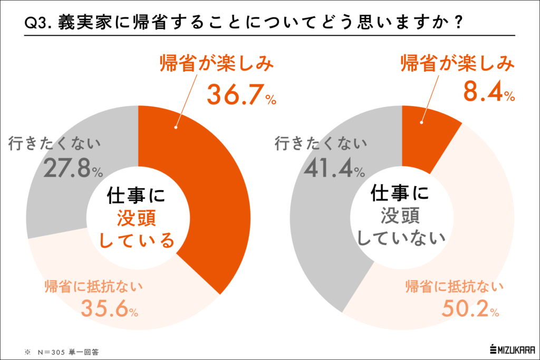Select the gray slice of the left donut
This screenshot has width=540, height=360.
[x=58, y=206]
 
